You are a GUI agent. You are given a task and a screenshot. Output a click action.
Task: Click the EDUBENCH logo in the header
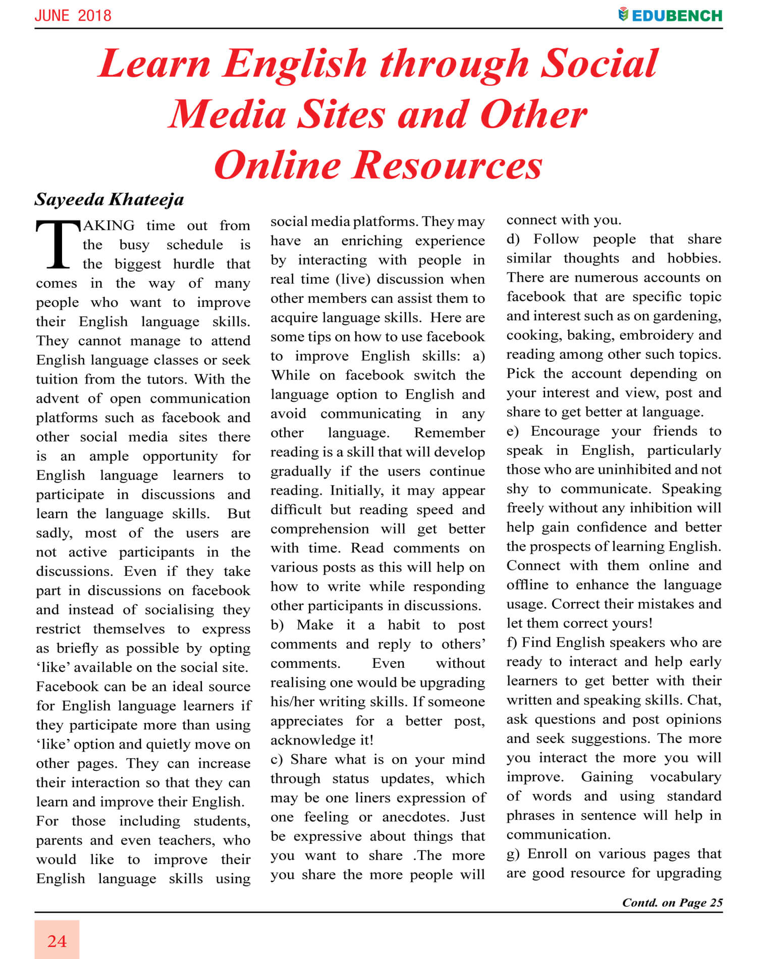[x=670, y=15]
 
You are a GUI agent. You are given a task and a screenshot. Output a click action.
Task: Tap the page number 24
[x=57, y=941]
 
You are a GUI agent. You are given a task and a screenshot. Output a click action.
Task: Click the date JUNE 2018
[x=73, y=16]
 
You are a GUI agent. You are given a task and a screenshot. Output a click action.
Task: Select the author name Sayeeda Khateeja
[x=109, y=200]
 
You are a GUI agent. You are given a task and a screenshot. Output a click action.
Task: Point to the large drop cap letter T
[x=58, y=245]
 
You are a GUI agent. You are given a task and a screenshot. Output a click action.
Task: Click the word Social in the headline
[x=599, y=64]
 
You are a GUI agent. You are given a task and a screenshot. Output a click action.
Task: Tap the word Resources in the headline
[x=447, y=165]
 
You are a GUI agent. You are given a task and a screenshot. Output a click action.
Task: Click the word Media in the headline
[x=228, y=114]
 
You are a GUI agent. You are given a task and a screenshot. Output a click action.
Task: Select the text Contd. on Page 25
[x=672, y=902]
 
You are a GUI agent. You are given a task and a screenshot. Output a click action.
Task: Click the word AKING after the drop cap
[x=109, y=226]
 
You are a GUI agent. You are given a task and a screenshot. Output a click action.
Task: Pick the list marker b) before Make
[x=277, y=625]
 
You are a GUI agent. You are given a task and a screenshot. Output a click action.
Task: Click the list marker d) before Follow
[x=513, y=239]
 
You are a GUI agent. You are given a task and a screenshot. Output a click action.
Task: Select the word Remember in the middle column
[x=449, y=433]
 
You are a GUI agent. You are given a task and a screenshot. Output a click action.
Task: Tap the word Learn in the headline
[x=154, y=64]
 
